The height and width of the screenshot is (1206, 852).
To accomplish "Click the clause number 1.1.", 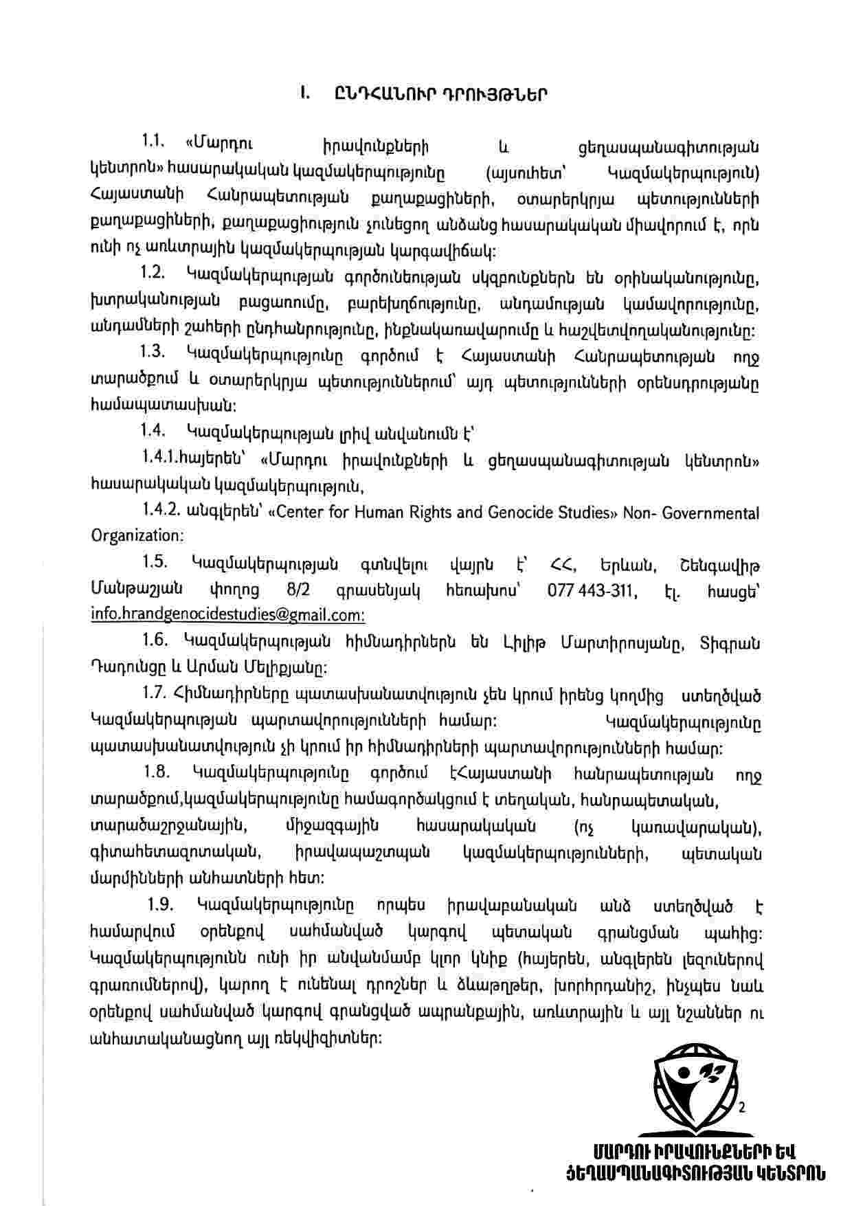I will [x=155, y=142].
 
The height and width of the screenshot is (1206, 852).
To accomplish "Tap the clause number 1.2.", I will [x=153, y=272].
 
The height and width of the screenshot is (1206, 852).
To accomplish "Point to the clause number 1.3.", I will [x=153, y=352].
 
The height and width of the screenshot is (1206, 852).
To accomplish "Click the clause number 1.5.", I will [x=155, y=562].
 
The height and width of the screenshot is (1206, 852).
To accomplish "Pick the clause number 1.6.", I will [x=155, y=640].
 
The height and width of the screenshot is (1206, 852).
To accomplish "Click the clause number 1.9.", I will [x=161, y=903].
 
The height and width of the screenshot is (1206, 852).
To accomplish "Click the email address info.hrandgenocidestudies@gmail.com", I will [x=227, y=614].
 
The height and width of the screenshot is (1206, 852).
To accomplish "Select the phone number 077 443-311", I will [x=593, y=590].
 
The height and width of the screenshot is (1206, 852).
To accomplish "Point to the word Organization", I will [x=136, y=535].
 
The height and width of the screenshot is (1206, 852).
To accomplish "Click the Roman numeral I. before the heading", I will [x=303, y=93].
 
